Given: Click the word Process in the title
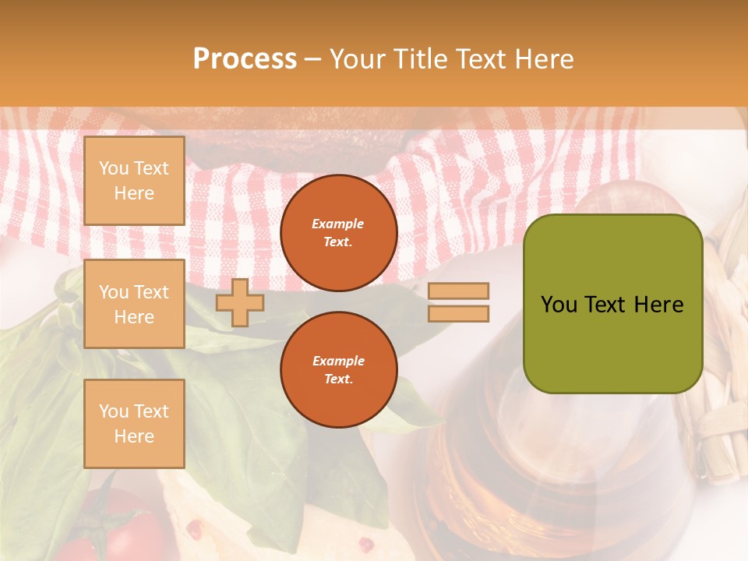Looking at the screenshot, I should [x=245, y=59].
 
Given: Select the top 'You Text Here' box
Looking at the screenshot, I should [x=134, y=181].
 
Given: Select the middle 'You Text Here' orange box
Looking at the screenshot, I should [x=134, y=304].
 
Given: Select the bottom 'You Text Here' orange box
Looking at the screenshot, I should [x=134, y=424].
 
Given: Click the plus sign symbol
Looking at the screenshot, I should [x=240, y=302].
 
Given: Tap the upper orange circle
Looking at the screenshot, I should [x=339, y=232].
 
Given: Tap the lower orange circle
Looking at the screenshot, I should [x=339, y=369].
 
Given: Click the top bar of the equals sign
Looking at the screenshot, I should [x=458, y=291].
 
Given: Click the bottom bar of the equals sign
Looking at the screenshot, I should [x=458, y=313].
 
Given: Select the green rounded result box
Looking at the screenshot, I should [x=613, y=303].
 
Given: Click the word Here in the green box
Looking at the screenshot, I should [x=658, y=305].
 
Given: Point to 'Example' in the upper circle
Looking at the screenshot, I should [x=337, y=224].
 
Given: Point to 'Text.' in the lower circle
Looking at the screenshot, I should [x=338, y=379].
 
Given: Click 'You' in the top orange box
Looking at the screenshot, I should [x=114, y=168].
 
